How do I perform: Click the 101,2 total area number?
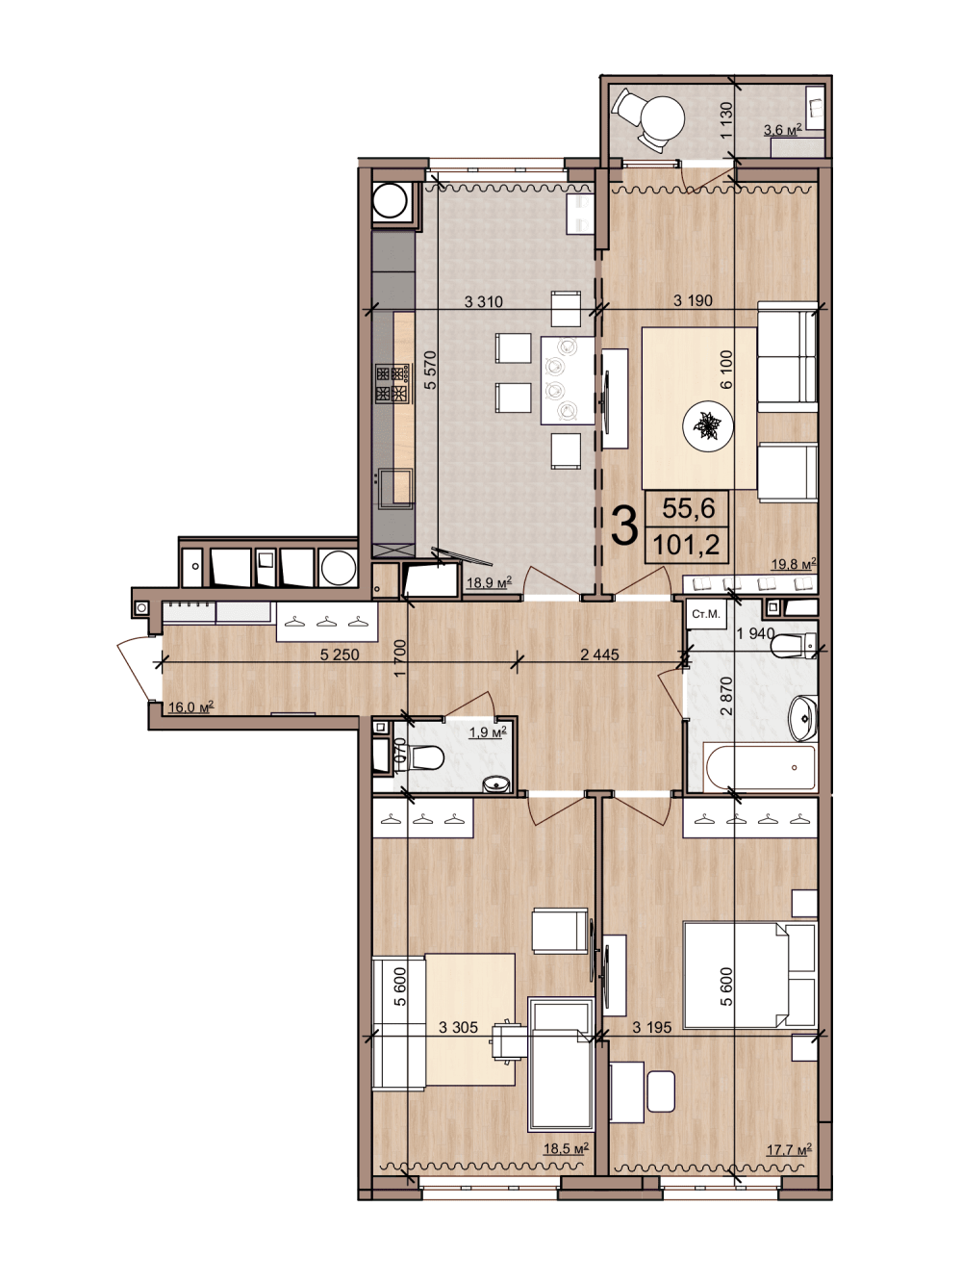[686, 546]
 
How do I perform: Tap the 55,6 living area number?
[688, 508]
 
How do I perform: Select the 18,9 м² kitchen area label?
[489, 581]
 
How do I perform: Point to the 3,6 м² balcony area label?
[783, 130]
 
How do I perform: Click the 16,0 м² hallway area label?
[190, 707]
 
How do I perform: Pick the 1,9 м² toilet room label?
[488, 732]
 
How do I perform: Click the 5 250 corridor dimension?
[340, 654]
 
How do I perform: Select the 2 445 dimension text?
[599, 654]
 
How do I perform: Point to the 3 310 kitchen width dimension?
[483, 301]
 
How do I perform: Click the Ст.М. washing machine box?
[706, 614]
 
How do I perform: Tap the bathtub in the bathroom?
[761, 767]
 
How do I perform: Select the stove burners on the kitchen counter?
[392, 383]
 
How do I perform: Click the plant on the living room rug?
[708, 424]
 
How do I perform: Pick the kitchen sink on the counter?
[394, 488]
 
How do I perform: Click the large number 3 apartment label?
[623, 526]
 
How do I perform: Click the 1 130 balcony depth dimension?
[725, 119]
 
